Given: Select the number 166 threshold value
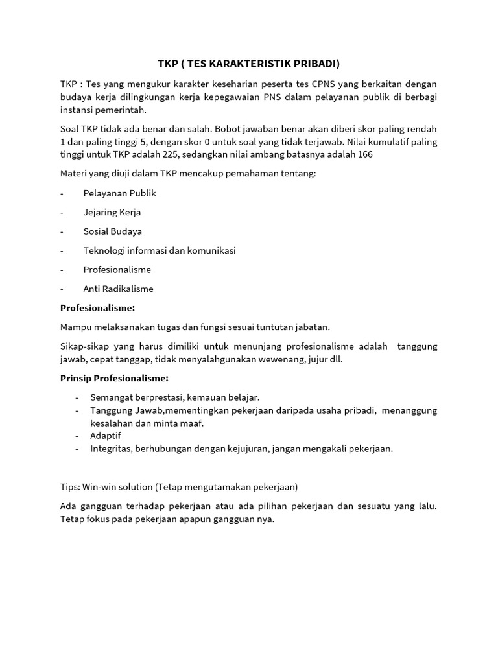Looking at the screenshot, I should [x=364, y=155].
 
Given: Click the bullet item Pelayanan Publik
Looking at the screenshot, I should [x=119, y=193].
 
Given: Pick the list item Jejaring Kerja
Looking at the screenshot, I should [x=112, y=212].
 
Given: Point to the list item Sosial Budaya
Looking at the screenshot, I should [x=112, y=231].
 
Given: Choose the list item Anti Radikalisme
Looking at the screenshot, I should [x=118, y=289].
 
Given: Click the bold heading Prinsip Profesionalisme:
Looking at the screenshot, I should [x=114, y=378].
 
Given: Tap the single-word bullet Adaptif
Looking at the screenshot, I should [x=106, y=435].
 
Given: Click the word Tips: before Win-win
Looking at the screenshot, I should [x=70, y=486].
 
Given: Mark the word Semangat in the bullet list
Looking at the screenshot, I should [x=111, y=397].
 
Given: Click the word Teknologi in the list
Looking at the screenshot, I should [x=104, y=250].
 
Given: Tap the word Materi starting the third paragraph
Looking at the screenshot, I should [x=75, y=174].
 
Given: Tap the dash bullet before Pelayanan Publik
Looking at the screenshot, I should [x=62, y=193].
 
